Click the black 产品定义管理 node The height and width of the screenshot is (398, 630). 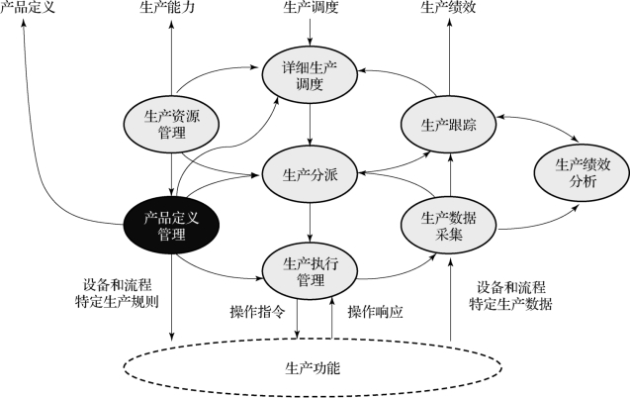(171, 226)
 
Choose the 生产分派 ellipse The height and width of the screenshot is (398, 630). (310, 175)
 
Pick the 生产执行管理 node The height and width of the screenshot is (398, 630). (310, 271)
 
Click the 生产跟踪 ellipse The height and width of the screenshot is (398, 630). (449, 125)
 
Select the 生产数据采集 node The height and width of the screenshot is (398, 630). (449, 226)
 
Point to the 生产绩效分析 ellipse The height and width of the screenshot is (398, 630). (582, 173)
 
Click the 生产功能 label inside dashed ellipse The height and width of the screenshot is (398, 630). (313, 368)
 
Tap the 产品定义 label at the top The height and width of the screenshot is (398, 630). (28, 7)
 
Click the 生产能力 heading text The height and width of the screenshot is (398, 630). (167, 7)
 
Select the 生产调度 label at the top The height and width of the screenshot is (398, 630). (311, 7)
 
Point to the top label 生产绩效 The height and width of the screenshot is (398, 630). (448, 7)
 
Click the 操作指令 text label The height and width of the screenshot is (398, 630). (257, 312)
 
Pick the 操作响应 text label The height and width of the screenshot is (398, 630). (375, 312)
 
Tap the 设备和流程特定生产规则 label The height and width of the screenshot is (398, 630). (117, 293)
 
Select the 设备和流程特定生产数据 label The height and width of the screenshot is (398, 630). (510, 296)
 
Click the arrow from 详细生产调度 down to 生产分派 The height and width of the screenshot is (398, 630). (310, 125)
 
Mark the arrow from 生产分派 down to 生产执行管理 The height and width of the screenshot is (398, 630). (310, 223)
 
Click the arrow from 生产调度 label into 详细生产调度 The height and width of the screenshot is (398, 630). (310, 32)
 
